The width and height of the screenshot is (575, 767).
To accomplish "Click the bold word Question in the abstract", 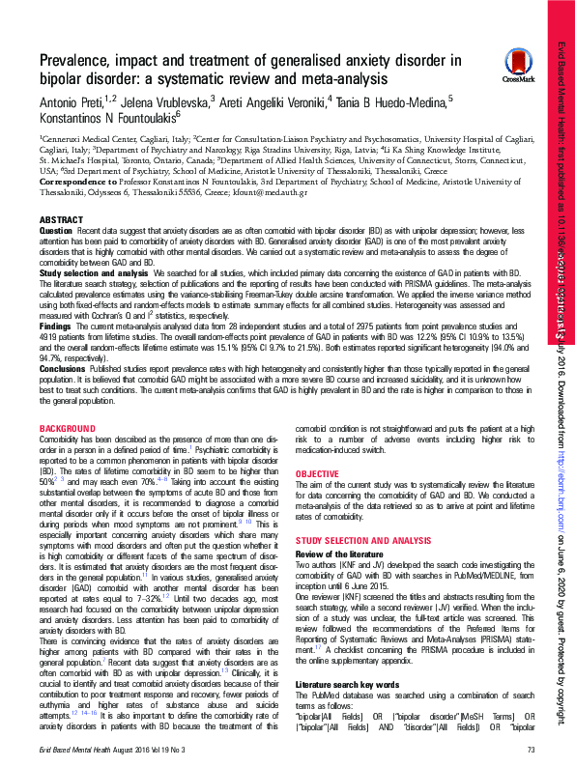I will (x=55, y=233).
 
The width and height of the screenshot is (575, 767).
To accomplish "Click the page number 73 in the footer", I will (x=531, y=751).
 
